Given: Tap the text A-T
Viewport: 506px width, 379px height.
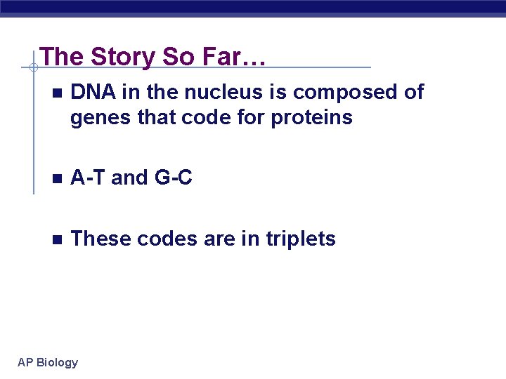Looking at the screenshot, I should point(89,178).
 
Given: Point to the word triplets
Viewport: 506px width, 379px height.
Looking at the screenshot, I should point(301,239).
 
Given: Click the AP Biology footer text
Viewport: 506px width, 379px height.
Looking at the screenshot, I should point(48,362).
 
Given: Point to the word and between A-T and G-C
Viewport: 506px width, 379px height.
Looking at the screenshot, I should point(130,178).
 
